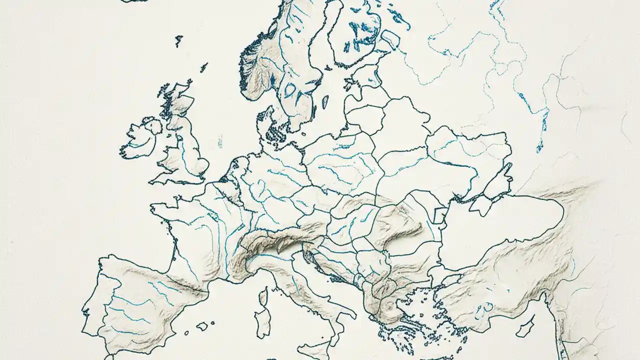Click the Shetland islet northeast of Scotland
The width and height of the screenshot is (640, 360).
click(204, 66)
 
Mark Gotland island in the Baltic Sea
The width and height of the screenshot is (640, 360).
click(325, 102)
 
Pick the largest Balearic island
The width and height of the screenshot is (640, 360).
click(202, 326)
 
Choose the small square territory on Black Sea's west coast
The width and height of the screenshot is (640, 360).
click(441, 215)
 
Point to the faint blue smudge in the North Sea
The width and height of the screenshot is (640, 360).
click(219, 143)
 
